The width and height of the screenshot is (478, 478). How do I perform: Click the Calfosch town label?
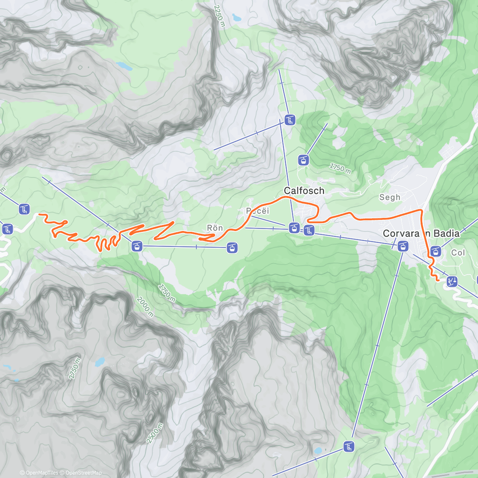(304, 191)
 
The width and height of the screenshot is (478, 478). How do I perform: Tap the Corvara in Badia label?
(421, 233)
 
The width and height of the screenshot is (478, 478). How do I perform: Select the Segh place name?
(390, 197)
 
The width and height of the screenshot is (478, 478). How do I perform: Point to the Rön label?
(215, 228)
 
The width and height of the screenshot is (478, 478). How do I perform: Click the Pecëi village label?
(257, 211)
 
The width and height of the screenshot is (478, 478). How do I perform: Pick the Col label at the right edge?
(458, 253)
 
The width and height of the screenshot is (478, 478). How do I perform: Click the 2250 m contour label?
(219, 16)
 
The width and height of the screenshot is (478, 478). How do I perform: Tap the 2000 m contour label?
(145, 307)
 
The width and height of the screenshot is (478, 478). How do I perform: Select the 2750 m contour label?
(74, 368)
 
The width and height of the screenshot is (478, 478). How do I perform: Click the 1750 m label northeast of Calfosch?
(340, 168)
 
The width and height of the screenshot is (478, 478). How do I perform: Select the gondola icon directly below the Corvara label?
(403, 246)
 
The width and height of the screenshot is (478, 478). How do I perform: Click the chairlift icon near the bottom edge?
(349, 447)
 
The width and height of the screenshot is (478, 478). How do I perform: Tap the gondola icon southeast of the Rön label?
(232, 248)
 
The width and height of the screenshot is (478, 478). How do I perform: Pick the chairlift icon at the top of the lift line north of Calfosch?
(290, 119)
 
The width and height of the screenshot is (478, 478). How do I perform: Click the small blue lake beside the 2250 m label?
(237, 18)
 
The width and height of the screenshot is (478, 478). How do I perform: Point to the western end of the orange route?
(39, 214)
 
